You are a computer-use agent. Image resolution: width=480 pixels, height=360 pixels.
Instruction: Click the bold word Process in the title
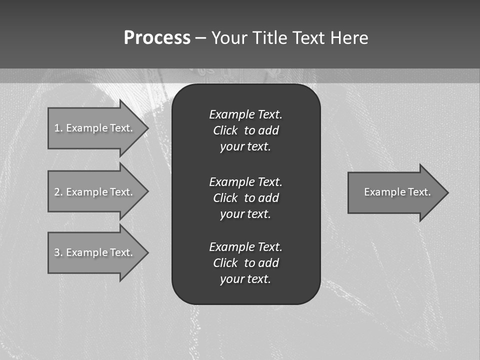point(157,38)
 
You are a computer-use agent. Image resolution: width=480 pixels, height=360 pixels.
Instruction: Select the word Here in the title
point(349,38)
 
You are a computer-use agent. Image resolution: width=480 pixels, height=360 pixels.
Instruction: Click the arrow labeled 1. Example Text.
point(95,128)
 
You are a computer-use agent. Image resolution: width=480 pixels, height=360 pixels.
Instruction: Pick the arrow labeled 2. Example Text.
point(95,192)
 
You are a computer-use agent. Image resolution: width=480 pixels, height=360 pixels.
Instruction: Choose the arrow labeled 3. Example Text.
point(95,252)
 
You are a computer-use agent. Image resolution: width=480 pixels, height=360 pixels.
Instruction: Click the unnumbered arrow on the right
point(395,192)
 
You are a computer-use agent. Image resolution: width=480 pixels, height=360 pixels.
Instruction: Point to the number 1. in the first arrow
point(58,128)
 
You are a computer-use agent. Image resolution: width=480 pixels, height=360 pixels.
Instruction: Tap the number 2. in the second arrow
point(58,192)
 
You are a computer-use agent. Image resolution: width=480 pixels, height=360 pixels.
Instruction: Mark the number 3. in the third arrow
point(58,252)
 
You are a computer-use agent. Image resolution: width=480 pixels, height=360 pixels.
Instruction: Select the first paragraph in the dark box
point(246,130)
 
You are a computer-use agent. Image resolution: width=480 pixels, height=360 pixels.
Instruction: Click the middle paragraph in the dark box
point(246,198)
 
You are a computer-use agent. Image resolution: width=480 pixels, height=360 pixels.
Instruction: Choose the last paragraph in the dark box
point(246,263)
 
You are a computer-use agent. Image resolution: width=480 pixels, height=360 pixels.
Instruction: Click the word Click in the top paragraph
point(225,130)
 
